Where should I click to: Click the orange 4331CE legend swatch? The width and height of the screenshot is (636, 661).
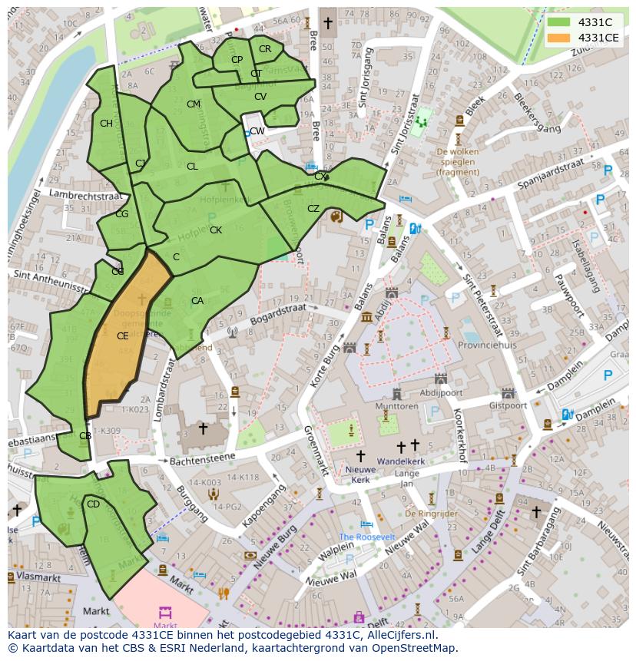(558, 38)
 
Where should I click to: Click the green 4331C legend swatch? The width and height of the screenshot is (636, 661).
(558, 22)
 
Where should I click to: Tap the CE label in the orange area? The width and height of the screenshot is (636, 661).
(123, 335)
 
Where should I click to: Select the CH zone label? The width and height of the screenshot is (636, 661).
(106, 124)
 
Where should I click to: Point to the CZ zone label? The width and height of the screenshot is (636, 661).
(313, 209)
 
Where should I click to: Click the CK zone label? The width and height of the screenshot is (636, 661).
(216, 230)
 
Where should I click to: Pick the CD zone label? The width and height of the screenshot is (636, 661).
(93, 504)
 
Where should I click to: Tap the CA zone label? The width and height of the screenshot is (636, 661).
(197, 301)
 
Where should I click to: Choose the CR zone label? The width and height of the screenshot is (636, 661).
(265, 49)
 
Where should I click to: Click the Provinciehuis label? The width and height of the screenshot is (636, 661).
(488, 345)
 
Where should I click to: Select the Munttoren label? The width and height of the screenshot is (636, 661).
(396, 406)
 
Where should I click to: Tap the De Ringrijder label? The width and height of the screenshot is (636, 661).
(430, 513)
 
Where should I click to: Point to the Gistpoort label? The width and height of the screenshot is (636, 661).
(506, 405)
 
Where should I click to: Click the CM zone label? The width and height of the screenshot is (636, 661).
(194, 104)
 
